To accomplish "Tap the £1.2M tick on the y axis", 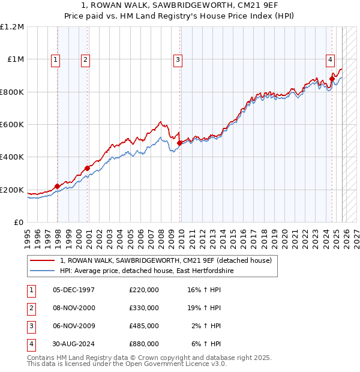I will (x=12, y=27).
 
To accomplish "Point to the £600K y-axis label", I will (x=12, y=125).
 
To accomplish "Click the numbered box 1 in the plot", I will (x=55, y=59).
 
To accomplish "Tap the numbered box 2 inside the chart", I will (x=85, y=59).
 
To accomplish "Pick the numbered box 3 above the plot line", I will (x=178, y=59).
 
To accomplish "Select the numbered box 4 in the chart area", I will (x=330, y=59).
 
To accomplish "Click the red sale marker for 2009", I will (x=179, y=143).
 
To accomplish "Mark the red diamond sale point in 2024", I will (x=332, y=79).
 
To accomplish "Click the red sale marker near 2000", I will (x=87, y=168).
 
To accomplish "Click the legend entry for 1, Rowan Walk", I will (x=166, y=261).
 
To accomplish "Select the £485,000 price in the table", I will (x=143, y=326).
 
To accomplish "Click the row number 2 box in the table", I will (x=31, y=308).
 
